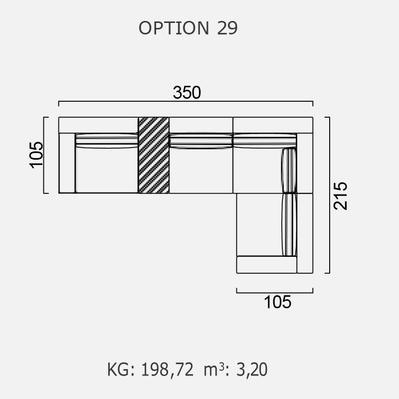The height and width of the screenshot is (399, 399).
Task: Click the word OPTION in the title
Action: tap(174, 28)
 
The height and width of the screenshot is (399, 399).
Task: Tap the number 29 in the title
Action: tap(227, 28)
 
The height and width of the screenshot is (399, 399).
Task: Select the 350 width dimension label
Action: tap(187, 92)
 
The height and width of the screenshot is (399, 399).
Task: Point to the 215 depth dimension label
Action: tap(341, 196)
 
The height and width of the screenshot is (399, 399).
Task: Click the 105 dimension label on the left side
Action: tap(36, 155)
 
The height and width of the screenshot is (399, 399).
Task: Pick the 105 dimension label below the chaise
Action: tap(277, 302)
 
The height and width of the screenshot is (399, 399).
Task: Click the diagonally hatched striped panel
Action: tap(154, 155)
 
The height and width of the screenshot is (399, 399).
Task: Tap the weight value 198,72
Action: tap(167, 370)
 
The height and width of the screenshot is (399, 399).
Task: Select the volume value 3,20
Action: tap(252, 370)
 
